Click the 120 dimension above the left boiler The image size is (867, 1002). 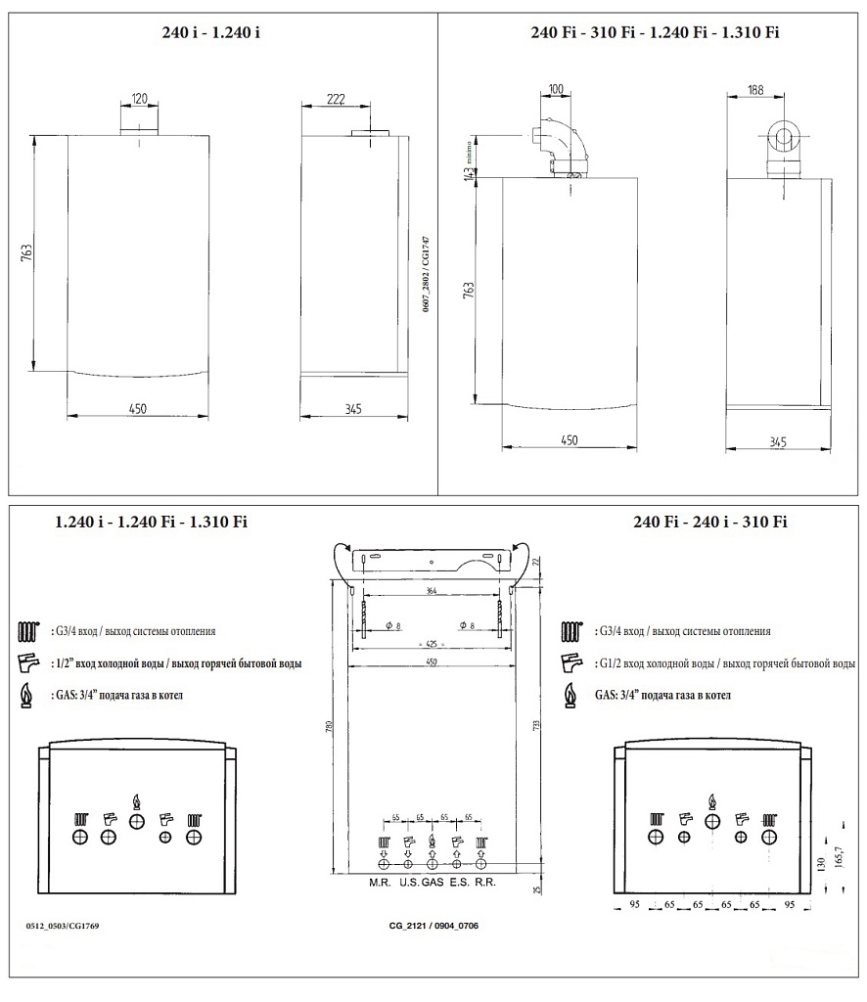point(138,99)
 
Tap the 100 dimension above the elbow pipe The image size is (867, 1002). point(557,90)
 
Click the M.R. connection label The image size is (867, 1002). point(380,883)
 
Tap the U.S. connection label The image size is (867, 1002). point(408,883)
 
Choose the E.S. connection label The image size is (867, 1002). point(457,883)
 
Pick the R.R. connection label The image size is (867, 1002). point(484,883)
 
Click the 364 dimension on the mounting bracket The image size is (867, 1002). point(432,592)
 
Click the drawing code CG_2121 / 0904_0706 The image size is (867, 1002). point(433,925)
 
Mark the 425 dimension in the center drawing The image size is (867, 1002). point(432,645)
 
